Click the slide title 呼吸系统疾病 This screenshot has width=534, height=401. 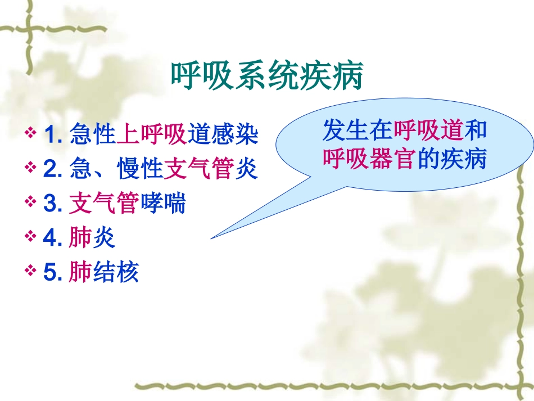pos(266,77)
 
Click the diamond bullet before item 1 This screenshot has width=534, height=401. pos(31,134)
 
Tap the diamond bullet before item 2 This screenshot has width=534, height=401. pos(31,169)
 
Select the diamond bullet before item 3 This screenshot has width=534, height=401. pos(31,203)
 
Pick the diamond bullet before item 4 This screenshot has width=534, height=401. pos(31,238)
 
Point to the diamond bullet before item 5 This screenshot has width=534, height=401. pos(31,272)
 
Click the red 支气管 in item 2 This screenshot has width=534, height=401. pos(198,170)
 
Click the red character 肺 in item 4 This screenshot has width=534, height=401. pos(79,238)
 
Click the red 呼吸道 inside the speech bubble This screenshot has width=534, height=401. pos(428,132)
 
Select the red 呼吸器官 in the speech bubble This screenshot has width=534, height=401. pos(369,160)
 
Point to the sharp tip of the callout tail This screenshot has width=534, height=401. pos(212,238)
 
